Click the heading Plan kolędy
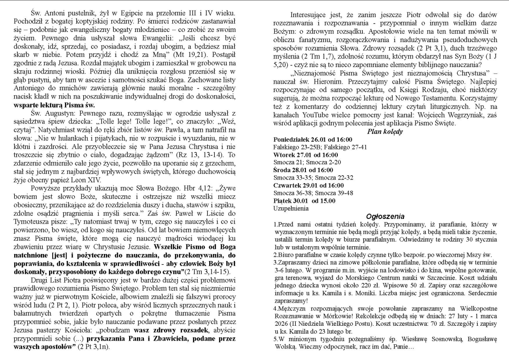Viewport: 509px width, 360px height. click(385, 131)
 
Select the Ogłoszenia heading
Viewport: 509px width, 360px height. click(385, 216)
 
